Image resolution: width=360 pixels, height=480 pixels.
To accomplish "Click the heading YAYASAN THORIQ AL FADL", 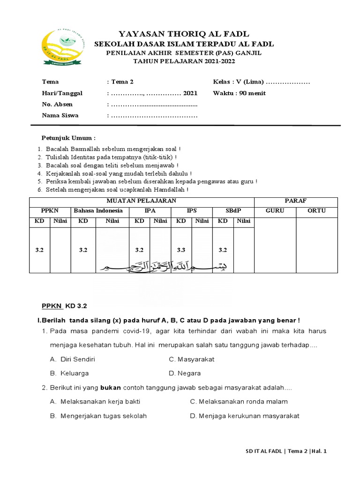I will [x=184, y=34].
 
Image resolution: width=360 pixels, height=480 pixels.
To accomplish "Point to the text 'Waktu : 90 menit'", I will [x=239, y=93].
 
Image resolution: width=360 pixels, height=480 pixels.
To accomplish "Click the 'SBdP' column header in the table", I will [x=233, y=211].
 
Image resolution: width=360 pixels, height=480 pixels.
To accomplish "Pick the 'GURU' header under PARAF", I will [x=275, y=211].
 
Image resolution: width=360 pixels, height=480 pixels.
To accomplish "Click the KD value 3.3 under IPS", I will [x=181, y=250].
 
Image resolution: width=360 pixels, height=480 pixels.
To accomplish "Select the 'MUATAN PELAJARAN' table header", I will [x=142, y=201].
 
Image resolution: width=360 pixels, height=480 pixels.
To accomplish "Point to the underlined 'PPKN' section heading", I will [x=52, y=306].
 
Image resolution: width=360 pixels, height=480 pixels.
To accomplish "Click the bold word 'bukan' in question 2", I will [x=110, y=388].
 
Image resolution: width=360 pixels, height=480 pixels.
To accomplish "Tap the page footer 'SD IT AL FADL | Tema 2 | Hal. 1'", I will [x=286, y=451].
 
